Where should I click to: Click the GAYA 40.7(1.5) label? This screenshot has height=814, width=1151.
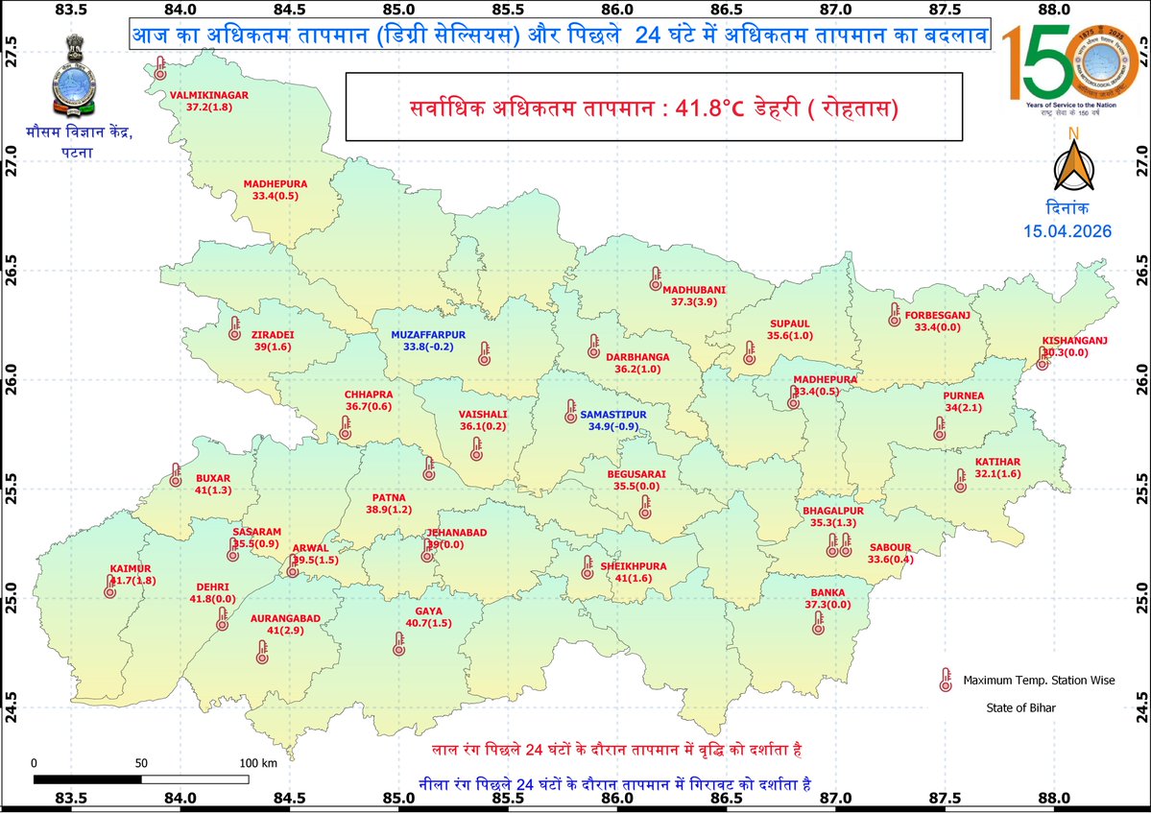pyautogui.click(x=427, y=617)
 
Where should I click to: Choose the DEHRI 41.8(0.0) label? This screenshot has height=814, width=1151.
pyautogui.click(x=212, y=592)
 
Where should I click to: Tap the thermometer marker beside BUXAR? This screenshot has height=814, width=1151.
pyautogui.click(x=176, y=474)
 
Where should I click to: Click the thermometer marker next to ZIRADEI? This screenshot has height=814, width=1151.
pyautogui.click(x=235, y=328)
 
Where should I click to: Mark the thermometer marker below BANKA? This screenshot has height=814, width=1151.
pyautogui.click(x=819, y=624)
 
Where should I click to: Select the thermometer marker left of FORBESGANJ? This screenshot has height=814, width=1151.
pyautogui.click(x=895, y=314)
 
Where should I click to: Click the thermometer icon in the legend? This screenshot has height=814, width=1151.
pyautogui.click(x=945, y=681)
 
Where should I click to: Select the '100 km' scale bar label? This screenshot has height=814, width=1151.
pyautogui.click(x=257, y=762)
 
